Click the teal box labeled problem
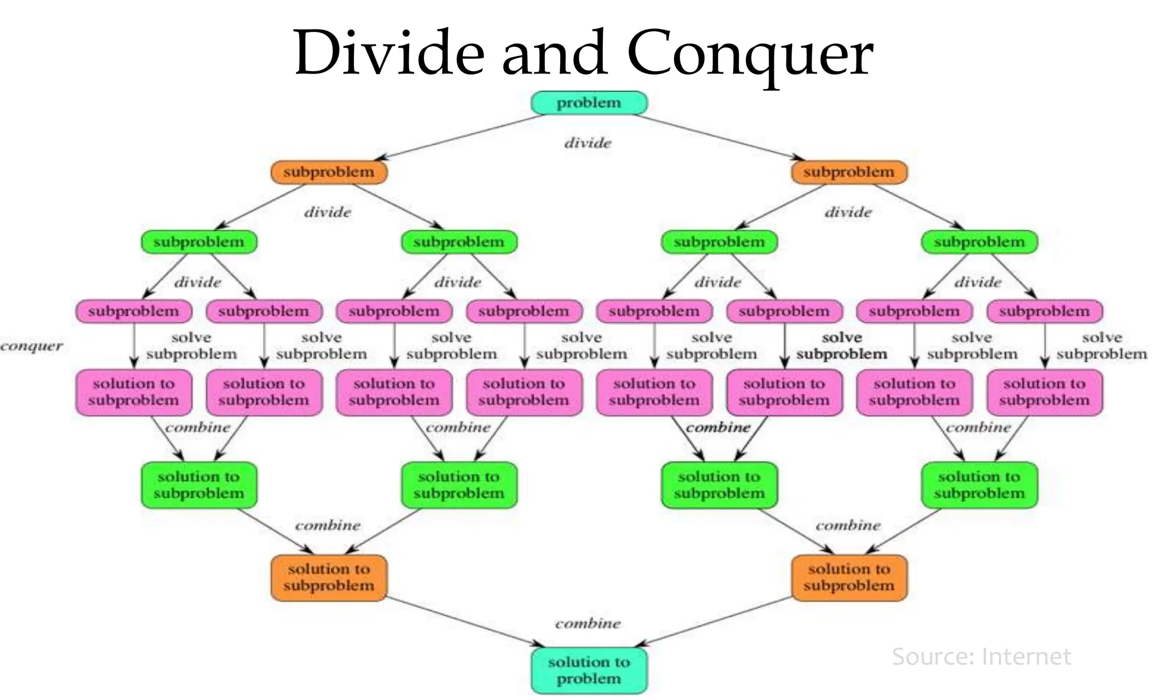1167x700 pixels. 589,103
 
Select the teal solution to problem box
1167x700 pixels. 589,670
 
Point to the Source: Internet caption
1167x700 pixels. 981,657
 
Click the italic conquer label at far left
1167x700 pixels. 31,346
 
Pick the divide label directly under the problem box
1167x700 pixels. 587,143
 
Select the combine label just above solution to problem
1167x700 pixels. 587,624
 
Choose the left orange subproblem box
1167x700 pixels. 329,172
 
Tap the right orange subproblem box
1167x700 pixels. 848,172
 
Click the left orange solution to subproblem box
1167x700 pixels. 329,578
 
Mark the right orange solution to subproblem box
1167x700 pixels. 848,578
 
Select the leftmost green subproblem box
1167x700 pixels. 199,242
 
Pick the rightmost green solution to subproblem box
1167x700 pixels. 979,485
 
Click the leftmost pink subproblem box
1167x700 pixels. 133,312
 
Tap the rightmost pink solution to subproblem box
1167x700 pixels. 1044,392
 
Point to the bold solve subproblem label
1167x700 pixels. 842,346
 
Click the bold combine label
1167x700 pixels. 718,427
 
